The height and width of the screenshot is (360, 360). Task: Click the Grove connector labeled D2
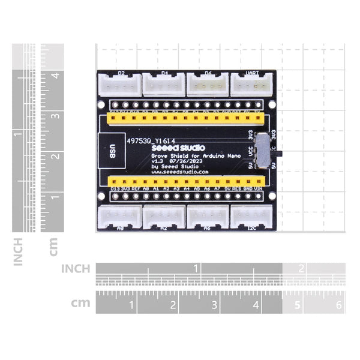click(120, 85)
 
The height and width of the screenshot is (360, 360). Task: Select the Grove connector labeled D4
click(164, 85)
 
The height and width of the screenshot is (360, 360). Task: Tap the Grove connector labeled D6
click(208, 85)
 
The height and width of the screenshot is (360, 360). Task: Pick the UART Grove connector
click(252, 85)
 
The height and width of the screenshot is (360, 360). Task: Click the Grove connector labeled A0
click(120, 217)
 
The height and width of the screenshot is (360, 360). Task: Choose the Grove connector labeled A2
click(164, 217)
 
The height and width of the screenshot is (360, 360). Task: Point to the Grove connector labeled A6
click(208, 217)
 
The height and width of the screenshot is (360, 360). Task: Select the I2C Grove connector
click(252, 217)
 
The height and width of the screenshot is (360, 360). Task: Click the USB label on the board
click(112, 150)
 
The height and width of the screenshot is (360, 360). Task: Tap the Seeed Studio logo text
click(178, 147)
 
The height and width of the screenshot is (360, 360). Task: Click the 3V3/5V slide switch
click(263, 151)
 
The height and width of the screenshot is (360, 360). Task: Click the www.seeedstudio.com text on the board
click(179, 172)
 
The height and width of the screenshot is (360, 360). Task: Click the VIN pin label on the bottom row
click(258, 188)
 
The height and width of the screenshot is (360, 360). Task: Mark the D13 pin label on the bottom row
click(115, 188)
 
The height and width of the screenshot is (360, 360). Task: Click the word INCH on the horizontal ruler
click(76, 268)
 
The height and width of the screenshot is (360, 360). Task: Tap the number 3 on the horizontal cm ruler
click(214, 305)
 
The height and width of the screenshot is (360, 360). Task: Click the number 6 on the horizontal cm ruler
click(339, 305)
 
